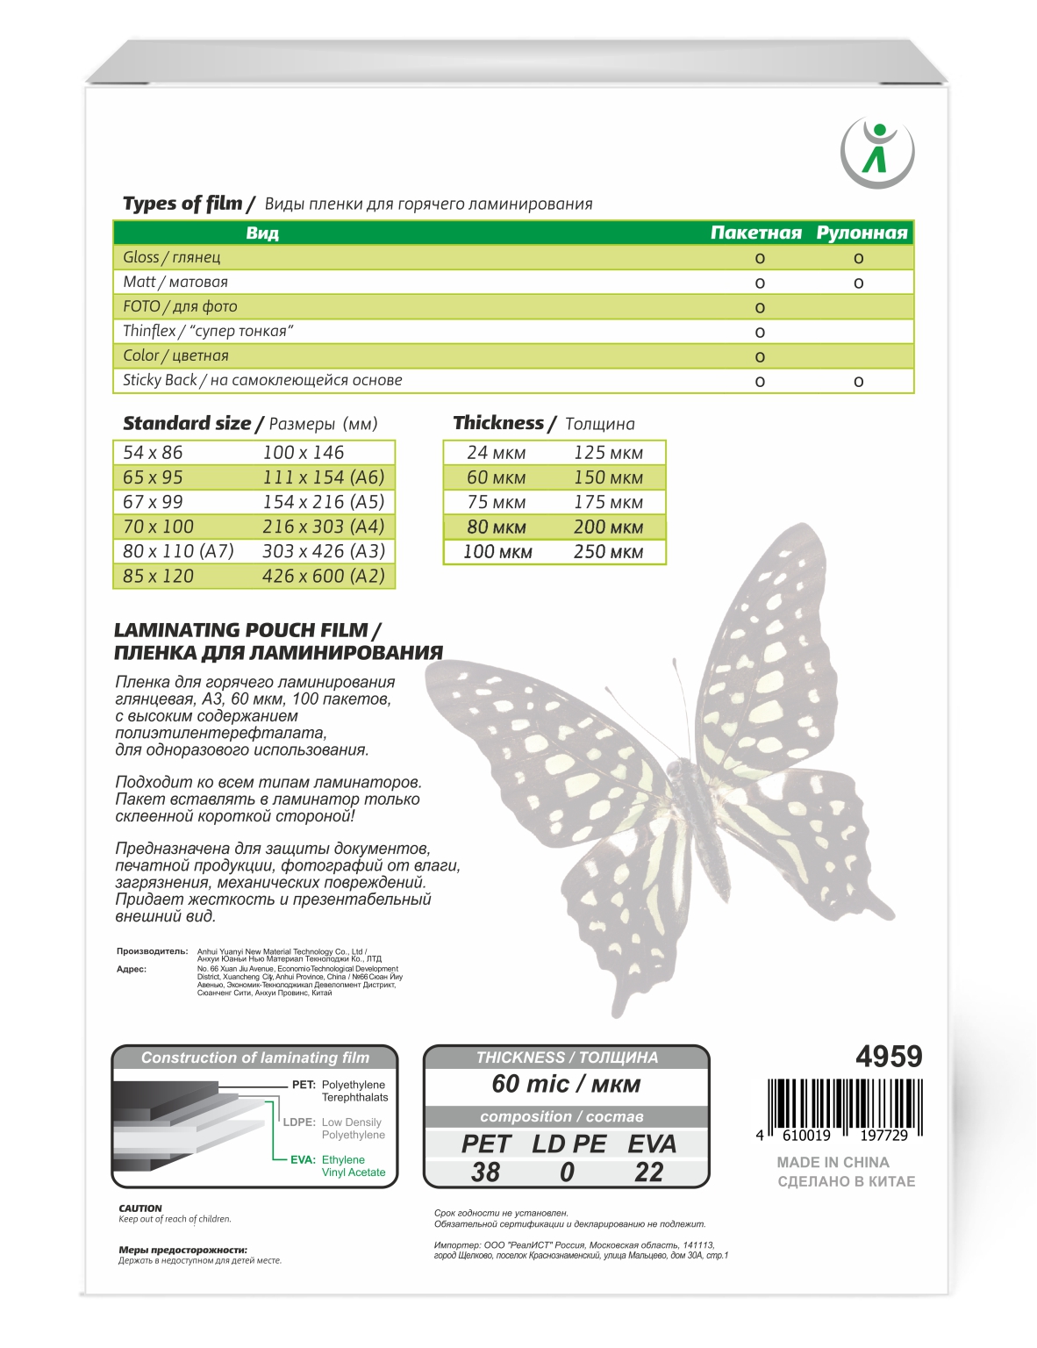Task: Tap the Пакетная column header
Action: click(x=755, y=233)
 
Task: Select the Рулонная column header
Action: click(x=862, y=233)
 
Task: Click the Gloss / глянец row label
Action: click(x=172, y=257)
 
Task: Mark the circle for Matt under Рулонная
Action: click(x=858, y=283)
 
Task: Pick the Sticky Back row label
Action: click(x=262, y=380)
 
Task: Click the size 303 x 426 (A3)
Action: click(x=323, y=551)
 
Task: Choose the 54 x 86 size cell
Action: click(x=153, y=453)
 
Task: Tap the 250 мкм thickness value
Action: click(x=608, y=552)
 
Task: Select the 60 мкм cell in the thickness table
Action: click(x=496, y=477)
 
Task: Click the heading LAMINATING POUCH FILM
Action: click(x=247, y=630)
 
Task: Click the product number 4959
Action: click(x=889, y=1057)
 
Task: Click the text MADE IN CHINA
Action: click(x=833, y=1162)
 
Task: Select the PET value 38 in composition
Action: click(x=485, y=1172)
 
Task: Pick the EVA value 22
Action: click(x=649, y=1172)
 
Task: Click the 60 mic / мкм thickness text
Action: click(x=566, y=1084)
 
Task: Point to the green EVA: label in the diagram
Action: click(x=303, y=1159)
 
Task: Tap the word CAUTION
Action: click(x=140, y=1208)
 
